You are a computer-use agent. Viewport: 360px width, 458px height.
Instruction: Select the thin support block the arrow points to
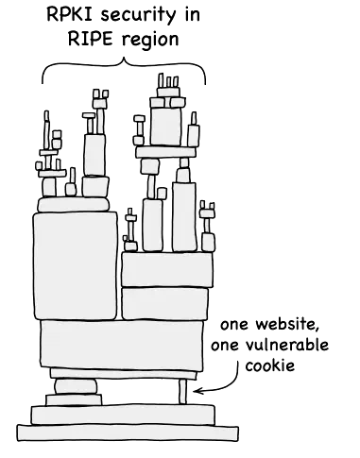tap(184, 390)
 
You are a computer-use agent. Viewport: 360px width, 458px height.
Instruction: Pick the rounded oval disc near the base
tap(77, 384)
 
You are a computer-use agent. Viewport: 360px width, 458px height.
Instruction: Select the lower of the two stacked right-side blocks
tap(164, 304)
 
